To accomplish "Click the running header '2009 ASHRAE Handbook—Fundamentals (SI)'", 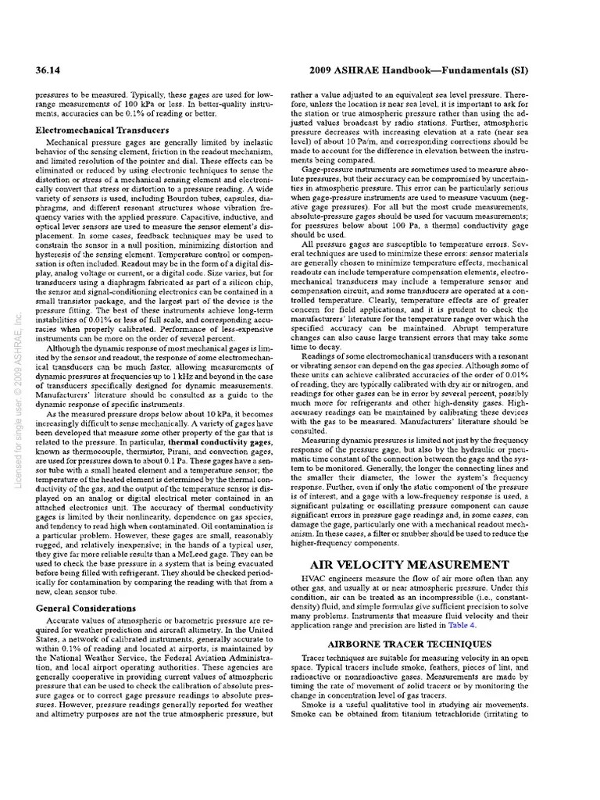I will pyautogui.click(x=420, y=70).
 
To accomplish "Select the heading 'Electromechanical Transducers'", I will pyautogui.click(x=102, y=130).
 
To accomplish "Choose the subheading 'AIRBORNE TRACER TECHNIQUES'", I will pyautogui.click(x=409, y=644).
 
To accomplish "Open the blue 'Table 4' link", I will pyautogui.click(x=483, y=626).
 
